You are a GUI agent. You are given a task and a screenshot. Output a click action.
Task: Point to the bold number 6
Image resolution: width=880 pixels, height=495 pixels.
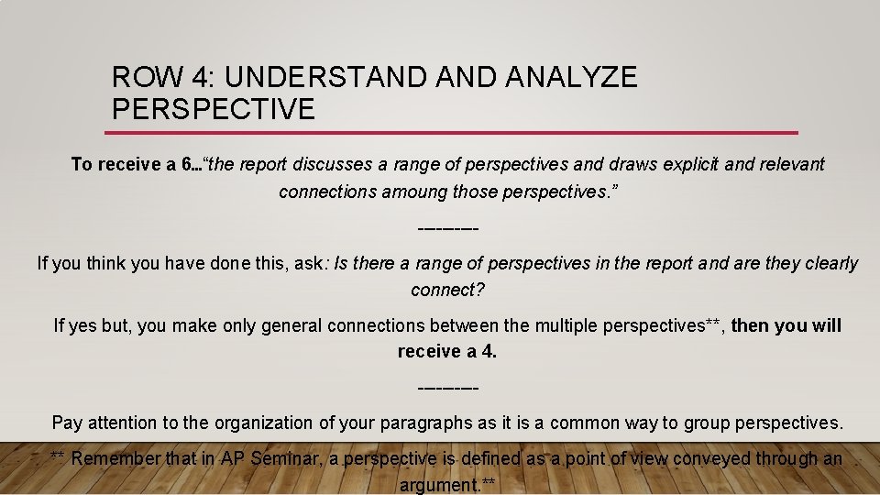[187, 165]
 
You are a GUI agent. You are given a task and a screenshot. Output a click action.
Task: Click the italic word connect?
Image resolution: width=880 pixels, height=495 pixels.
[447, 291]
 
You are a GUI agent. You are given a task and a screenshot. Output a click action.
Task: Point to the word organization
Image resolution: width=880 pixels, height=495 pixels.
[265, 423]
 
